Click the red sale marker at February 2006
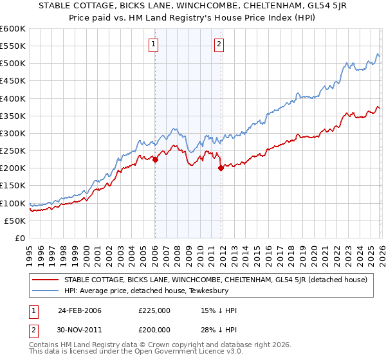pos(155,160)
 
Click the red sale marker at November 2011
pos(221,168)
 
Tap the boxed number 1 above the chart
pos(154,44)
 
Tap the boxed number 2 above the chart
pos(219,44)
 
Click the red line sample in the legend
pos(45,280)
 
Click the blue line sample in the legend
pos(45,290)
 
